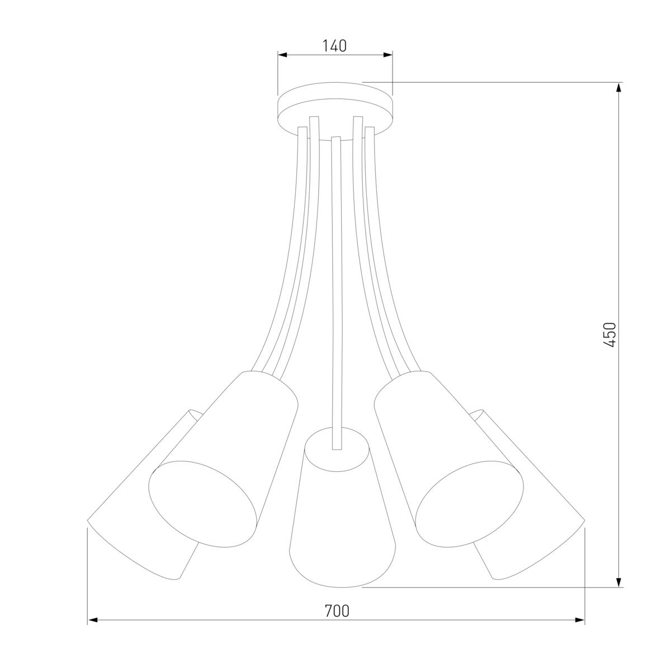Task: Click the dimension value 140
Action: [334, 46]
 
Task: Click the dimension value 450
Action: [609, 334]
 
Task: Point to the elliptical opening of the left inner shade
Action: [203, 504]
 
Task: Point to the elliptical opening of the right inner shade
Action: [469, 504]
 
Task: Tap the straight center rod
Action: [337, 293]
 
